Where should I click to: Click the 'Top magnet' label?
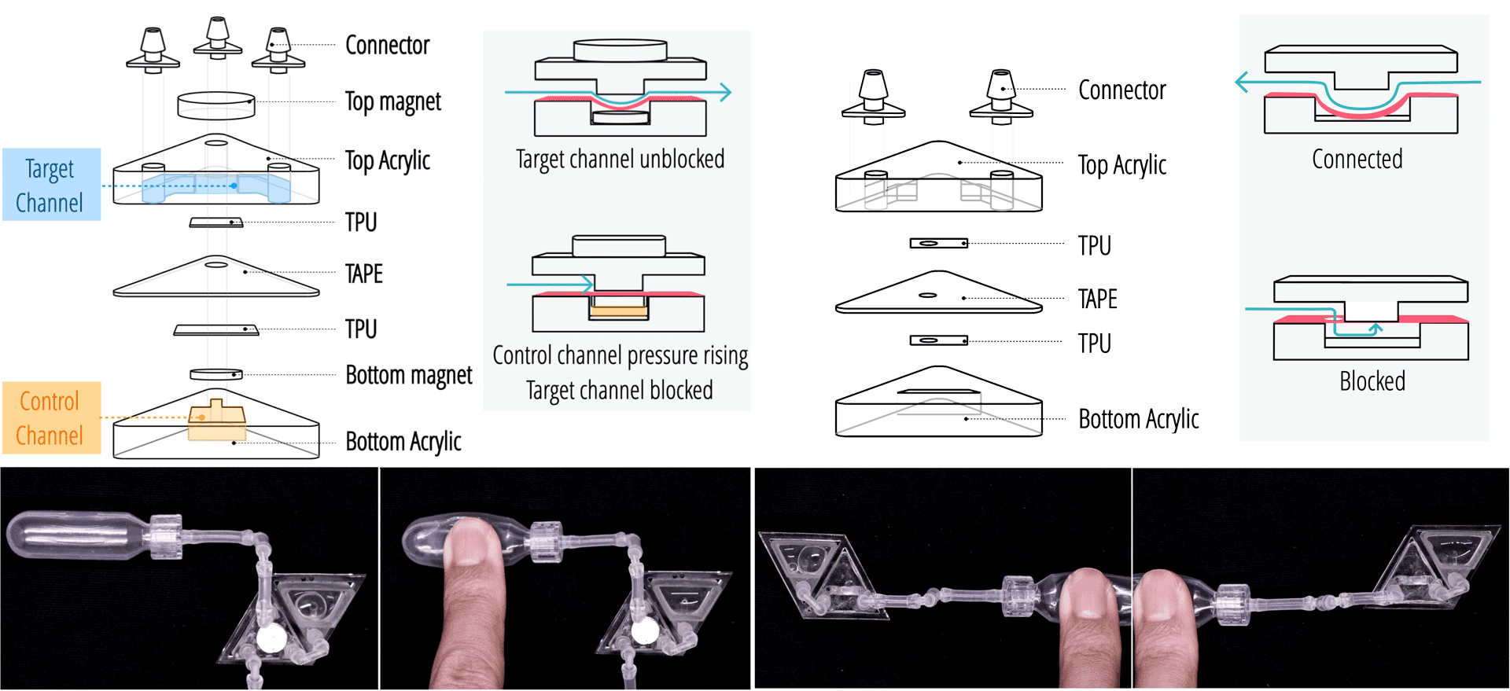pyautogui.click(x=392, y=102)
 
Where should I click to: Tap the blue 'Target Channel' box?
pyautogui.click(x=51, y=185)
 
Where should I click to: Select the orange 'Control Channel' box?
pyautogui.click(x=51, y=418)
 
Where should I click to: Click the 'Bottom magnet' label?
pyautogui.click(x=408, y=376)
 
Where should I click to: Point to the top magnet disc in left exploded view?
pyautogui.click(x=215, y=105)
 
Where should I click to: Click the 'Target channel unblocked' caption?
pyautogui.click(x=620, y=160)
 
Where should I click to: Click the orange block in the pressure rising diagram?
pyautogui.click(x=618, y=311)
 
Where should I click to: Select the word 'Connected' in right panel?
pyautogui.click(x=1357, y=160)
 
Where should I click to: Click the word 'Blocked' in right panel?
pyautogui.click(x=1372, y=382)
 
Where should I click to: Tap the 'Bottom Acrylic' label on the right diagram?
pyautogui.click(x=1138, y=420)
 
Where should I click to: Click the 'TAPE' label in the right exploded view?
pyautogui.click(x=1097, y=300)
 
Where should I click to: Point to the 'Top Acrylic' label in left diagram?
pyautogui.click(x=387, y=161)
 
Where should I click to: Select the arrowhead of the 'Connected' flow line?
pyautogui.click(x=1242, y=82)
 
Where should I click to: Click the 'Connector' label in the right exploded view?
pyautogui.click(x=1121, y=90)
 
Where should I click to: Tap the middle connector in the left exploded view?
pyautogui.click(x=217, y=38)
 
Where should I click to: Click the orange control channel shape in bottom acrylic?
pyautogui.click(x=216, y=421)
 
